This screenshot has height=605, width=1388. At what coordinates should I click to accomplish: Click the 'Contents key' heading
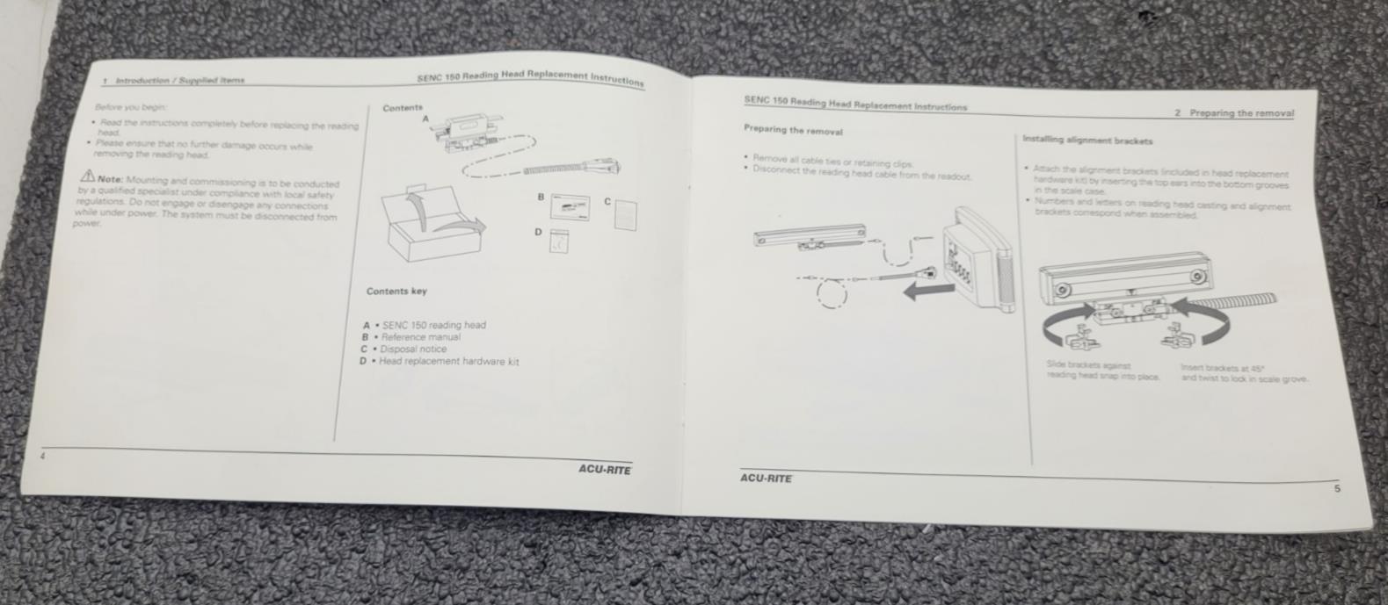[x=396, y=292]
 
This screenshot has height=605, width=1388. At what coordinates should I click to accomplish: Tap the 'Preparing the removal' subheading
[x=793, y=131]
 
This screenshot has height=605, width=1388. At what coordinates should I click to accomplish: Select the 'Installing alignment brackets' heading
[x=1087, y=140]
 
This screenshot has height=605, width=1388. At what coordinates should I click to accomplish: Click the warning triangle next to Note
[x=88, y=176]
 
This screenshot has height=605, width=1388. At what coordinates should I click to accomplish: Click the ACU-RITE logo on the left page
[x=604, y=470]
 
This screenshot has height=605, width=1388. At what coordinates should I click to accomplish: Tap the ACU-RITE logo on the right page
[x=766, y=479]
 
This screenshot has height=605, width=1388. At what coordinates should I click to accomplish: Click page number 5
[x=1337, y=489]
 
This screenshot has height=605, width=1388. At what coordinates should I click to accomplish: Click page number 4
[x=40, y=456]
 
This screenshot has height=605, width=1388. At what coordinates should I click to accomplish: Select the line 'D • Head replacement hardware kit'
[x=440, y=361]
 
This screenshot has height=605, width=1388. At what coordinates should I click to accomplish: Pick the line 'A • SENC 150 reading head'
[x=425, y=325]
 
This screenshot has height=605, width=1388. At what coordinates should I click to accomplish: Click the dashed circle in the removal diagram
[x=832, y=293]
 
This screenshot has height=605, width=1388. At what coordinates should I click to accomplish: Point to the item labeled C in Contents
[x=625, y=214]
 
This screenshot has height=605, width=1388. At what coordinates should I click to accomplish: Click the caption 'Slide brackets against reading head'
[x=1102, y=371]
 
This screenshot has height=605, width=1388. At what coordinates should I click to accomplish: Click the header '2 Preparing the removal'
[x=1232, y=113]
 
